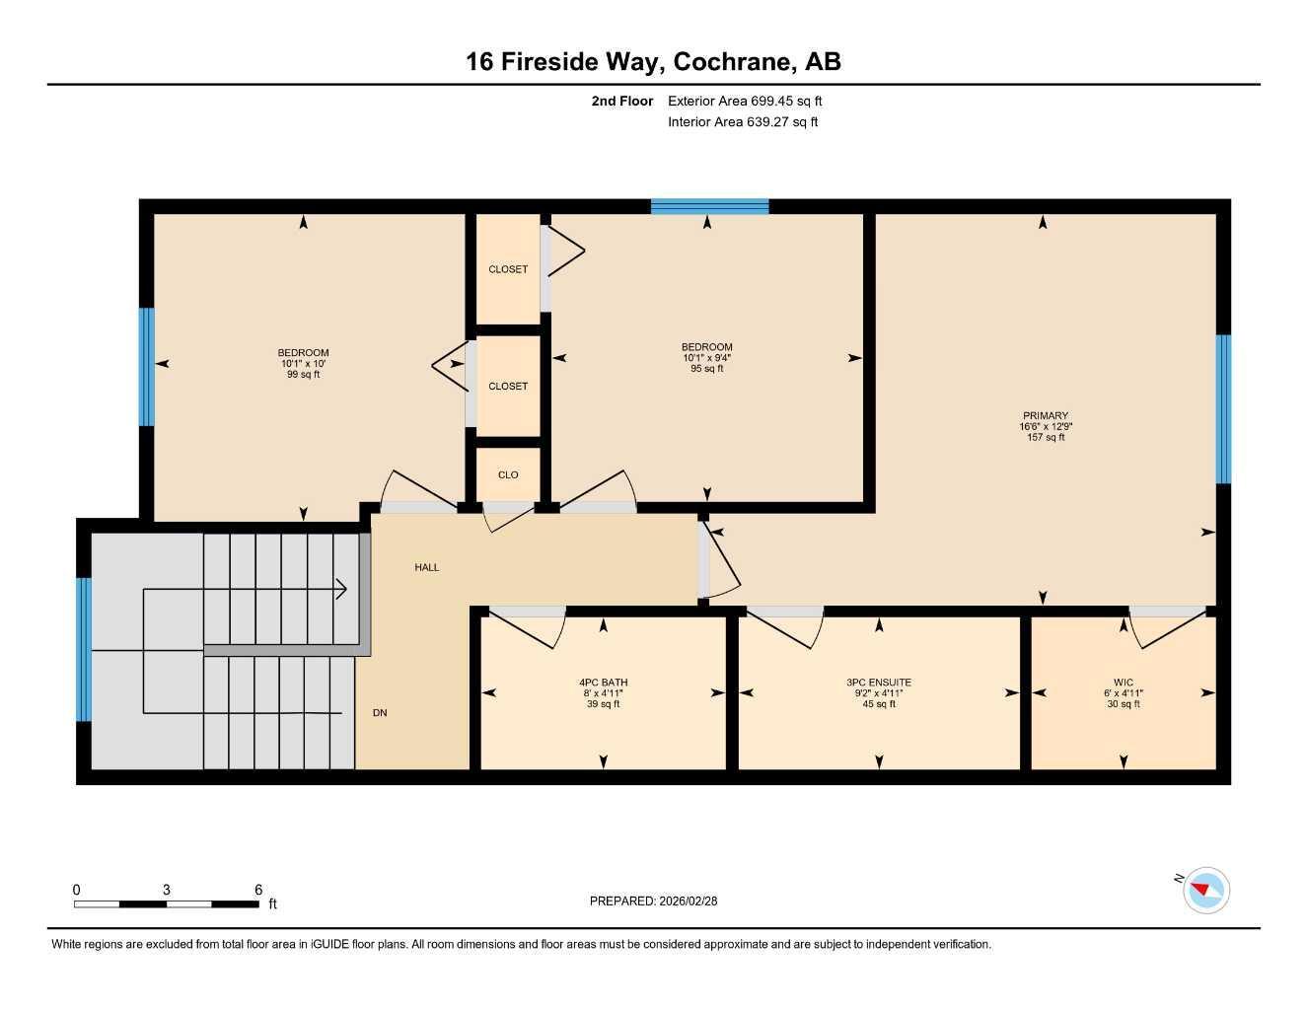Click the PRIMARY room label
click(x=1045, y=416)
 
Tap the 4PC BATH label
click(x=603, y=683)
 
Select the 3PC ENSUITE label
click(x=878, y=683)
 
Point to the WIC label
click(x=1123, y=683)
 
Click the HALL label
click(x=426, y=567)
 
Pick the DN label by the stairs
click(x=380, y=713)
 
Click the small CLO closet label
click(x=507, y=474)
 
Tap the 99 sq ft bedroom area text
click(x=303, y=375)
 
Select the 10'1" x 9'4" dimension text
click(x=706, y=358)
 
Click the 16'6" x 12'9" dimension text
click(x=1045, y=427)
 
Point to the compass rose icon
click(x=1204, y=891)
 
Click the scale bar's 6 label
click(x=258, y=890)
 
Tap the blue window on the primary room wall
click(x=1223, y=408)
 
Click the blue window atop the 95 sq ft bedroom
click(x=709, y=206)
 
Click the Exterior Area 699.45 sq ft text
click(x=745, y=101)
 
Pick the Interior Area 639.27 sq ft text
click(x=743, y=122)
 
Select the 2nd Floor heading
click(x=621, y=101)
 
